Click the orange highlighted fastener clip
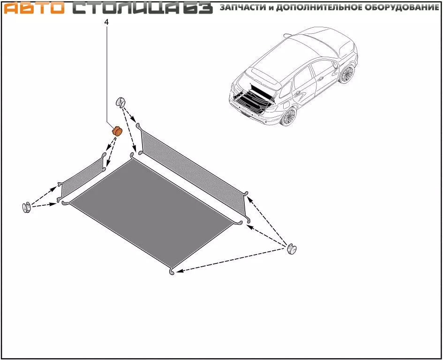[117, 131]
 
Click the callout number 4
[106, 22]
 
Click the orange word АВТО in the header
[34, 8]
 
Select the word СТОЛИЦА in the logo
[126, 8]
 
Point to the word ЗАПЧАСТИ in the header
[243, 7]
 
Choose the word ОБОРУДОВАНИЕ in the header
[401, 7]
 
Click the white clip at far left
[26, 208]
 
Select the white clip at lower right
[292, 249]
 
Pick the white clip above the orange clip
[121, 102]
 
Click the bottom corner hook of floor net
[172, 272]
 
